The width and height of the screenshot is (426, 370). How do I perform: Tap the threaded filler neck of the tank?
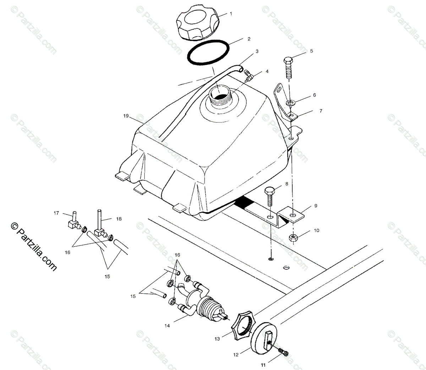click(x=220, y=95)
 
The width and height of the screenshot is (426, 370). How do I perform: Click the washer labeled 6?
click(x=290, y=103)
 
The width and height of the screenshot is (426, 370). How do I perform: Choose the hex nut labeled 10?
click(x=294, y=238)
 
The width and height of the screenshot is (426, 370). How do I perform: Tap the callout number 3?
click(x=257, y=52)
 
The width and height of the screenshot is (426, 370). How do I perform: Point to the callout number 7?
click(x=321, y=111)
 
